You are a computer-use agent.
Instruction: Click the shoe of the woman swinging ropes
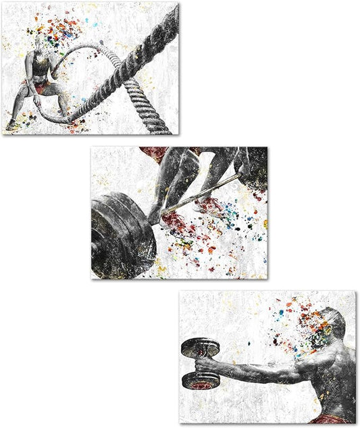tap(11, 125)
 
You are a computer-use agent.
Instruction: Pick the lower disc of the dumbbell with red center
tap(201, 380)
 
